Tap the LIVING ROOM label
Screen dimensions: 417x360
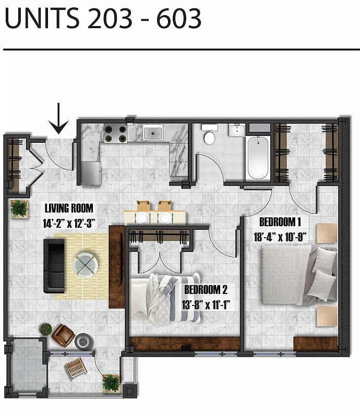pyautogui.click(x=69, y=208)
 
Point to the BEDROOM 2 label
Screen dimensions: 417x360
pyautogui.click(x=205, y=289)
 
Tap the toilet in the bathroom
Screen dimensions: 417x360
pyautogui.click(x=210, y=135)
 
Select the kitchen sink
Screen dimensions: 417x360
pyautogui.click(x=153, y=133)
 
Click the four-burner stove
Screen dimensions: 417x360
pyautogui.click(x=115, y=134)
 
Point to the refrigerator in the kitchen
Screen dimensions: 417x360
pyautogui.click(x=90, y=172)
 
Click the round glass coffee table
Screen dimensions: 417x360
pyautogui.click(x=85, y=263)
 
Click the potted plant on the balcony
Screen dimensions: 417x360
pyautogui.click(x=111, y=383)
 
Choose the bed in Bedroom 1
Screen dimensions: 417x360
pyautogui.click(x=290, y=274)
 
